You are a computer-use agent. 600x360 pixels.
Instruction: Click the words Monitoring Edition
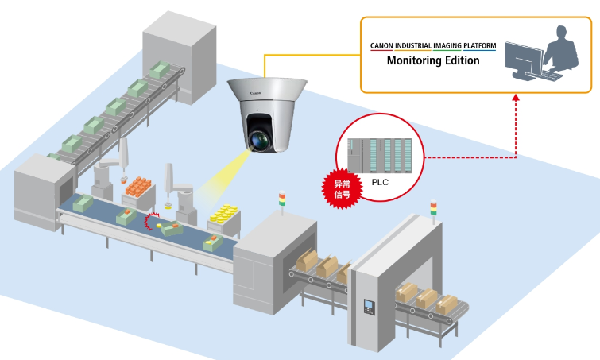(x=433, y=60)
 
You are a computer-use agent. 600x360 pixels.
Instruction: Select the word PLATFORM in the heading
(x=473, y=45)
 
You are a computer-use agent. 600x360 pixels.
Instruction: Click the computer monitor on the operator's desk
(x=524, y=60)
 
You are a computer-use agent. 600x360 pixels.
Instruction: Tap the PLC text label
(x=381, y=181)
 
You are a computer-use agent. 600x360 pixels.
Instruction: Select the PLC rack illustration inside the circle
(x=384, y=155)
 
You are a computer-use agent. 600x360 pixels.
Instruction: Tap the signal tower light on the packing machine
(x=281, y=199)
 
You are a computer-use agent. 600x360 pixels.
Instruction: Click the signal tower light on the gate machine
(x=433, y=207)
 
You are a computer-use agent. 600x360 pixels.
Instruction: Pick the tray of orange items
(x=140, y=188)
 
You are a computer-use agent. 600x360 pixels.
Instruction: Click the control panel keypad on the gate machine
(x=367, y=307)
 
